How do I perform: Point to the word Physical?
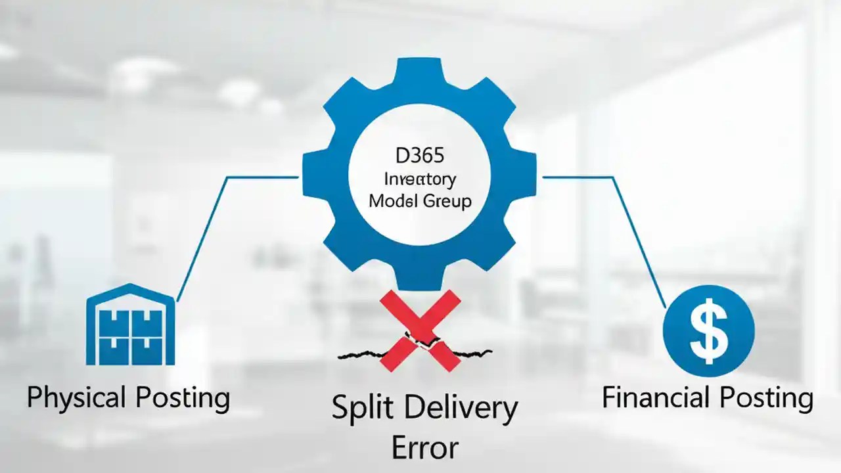[76, 398]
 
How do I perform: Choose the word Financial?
[656, 398]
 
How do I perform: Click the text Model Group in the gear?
[420, 201]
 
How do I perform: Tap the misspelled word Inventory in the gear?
[420, 179]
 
